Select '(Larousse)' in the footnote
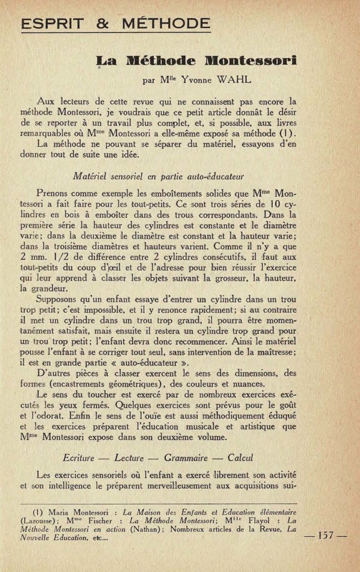(37, 520)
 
